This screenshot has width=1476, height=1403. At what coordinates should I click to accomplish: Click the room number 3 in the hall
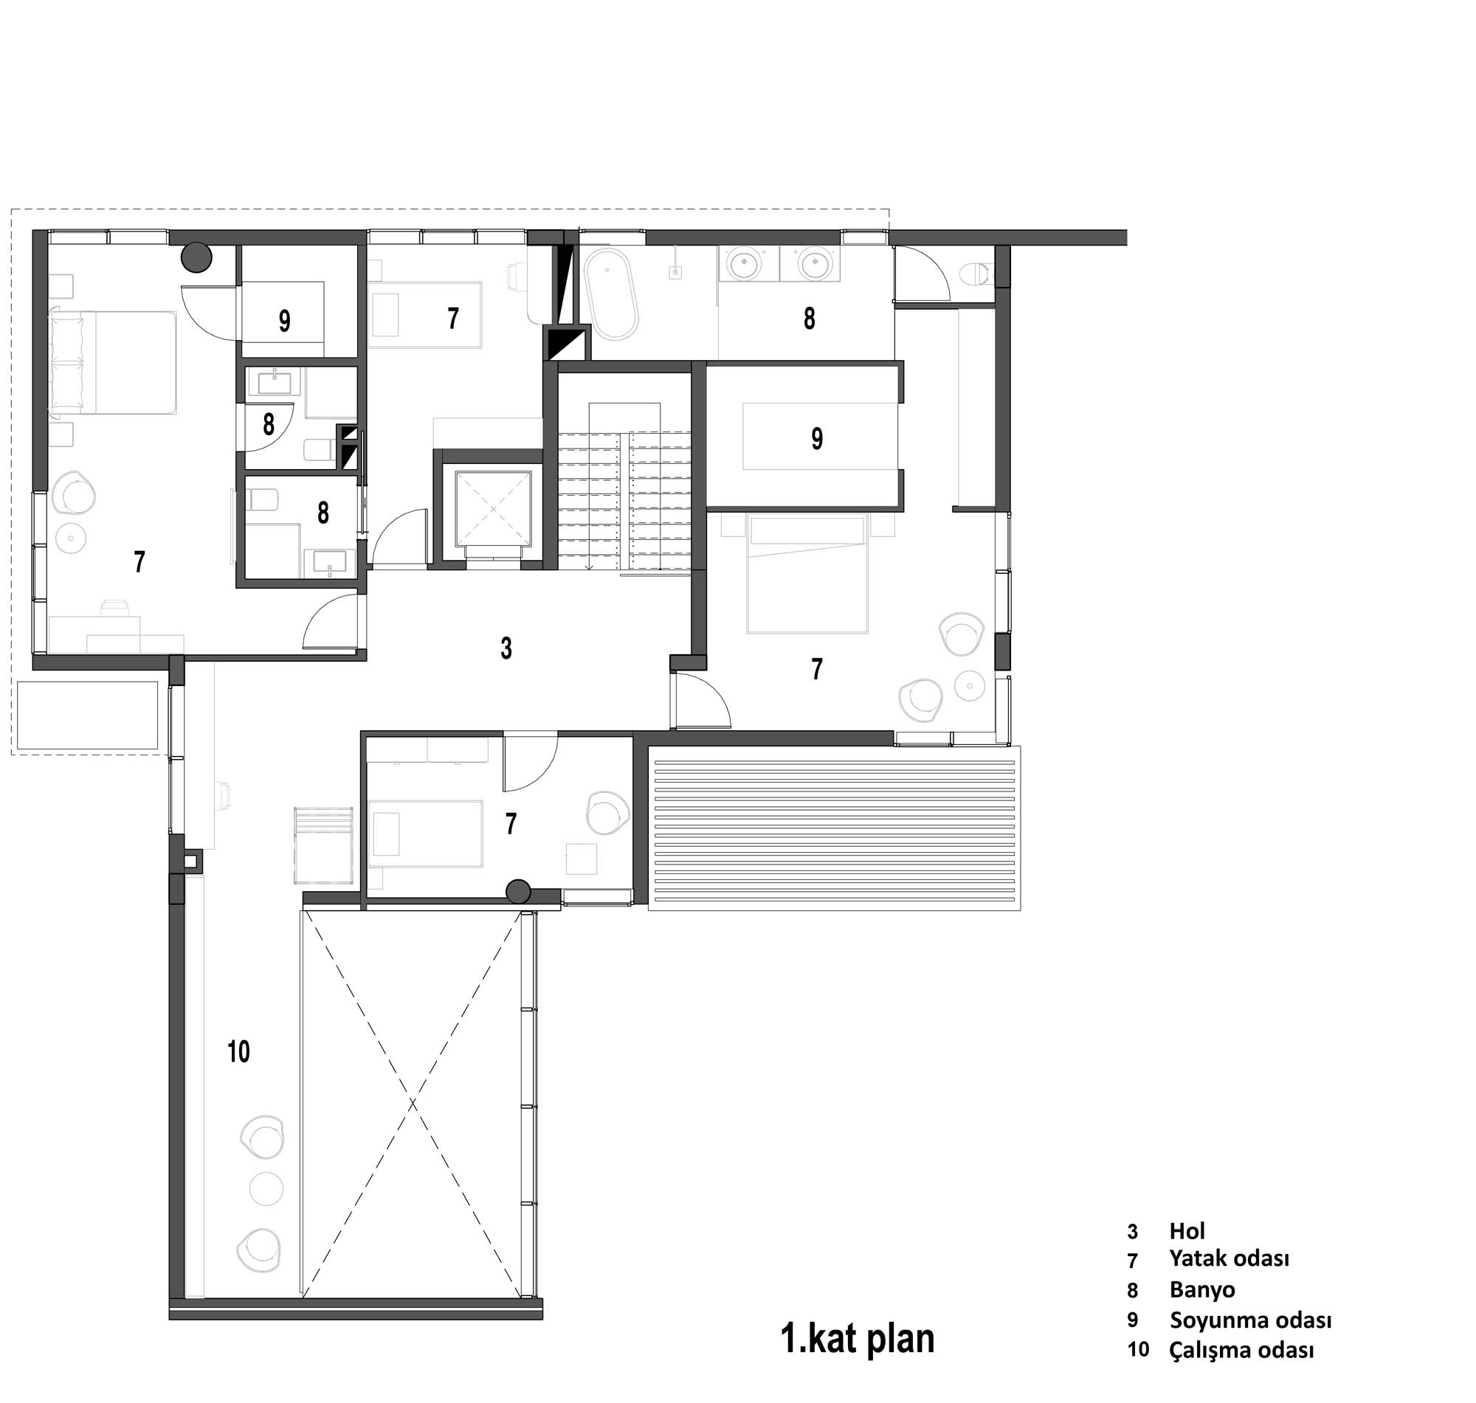tap(506, 648)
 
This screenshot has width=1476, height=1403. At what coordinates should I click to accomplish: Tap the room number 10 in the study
tap(238, 1051)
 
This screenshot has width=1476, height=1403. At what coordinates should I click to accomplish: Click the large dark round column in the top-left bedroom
tap(198, 258)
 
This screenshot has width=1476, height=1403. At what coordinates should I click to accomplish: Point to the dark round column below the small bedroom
tap(518, 892)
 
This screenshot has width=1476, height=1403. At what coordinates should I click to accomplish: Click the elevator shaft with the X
tap(493, 508)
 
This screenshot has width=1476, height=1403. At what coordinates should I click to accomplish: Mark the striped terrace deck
tap(834, 827)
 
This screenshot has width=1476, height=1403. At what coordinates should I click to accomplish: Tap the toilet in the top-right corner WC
tap(976, 274)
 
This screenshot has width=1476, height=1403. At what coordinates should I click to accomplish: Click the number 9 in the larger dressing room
tap(817, 438)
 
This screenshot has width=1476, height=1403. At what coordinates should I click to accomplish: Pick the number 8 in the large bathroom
tap(810, 319)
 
